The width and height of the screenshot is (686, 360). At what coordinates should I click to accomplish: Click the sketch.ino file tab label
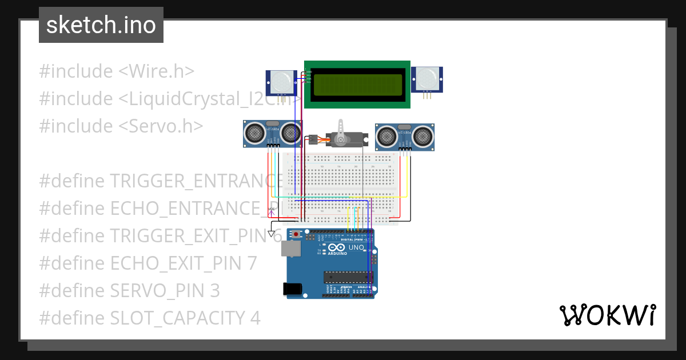tap(101, 25)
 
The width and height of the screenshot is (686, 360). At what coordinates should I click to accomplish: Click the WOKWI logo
tap(607, 315)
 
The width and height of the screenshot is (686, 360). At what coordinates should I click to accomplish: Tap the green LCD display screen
tap(357, 85)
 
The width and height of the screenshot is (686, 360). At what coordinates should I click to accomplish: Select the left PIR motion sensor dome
tap(281, 82)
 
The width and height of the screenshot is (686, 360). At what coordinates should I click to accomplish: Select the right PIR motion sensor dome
tap(427, 77)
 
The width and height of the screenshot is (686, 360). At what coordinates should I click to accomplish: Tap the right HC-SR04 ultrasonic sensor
tap(404, 137)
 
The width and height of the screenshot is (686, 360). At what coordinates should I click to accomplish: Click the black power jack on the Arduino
tap(294, 289)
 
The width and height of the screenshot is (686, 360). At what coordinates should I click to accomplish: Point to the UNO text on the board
tap(356, 247)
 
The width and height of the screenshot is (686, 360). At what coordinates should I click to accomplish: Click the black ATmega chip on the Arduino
tap(347, 277)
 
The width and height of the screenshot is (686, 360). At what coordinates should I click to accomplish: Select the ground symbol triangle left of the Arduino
tap(272, 233)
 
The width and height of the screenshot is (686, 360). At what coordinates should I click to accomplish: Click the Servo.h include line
tap(121, 126)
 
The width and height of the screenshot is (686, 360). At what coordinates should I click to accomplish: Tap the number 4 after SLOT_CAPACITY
tap(254, 318)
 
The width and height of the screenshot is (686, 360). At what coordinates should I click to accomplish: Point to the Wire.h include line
tap(117, 71)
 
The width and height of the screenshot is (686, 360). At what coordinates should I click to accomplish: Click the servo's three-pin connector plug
tap(313, 139)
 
